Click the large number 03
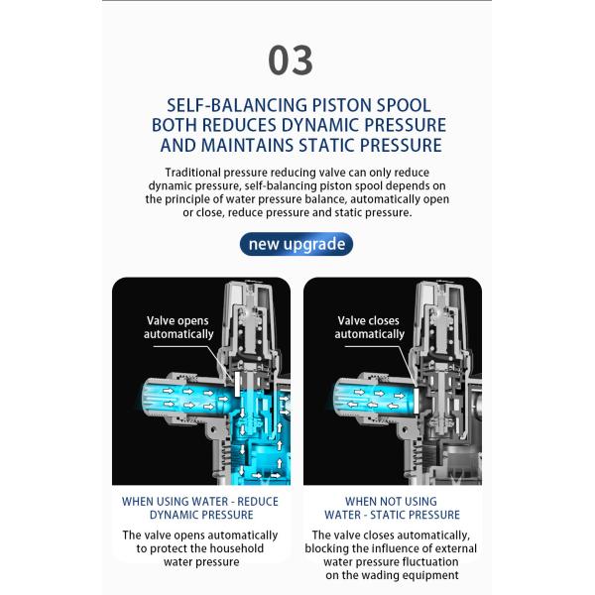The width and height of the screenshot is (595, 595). pyautogui.click(x=291, y=59)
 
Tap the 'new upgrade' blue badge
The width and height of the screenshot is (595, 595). pyautogui.click(x=297, y=244)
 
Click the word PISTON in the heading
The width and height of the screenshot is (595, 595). pyautogui.click(x=341, y=105)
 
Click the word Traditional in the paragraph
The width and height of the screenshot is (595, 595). pyautogui.click(x=192, y=173)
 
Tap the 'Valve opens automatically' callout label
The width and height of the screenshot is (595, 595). pyautogui.click(x=178, y=327)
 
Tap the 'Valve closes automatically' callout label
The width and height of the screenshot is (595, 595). pyautogui.click(x=369, y=327)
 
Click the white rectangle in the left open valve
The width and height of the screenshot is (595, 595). pyautogui.click(x=238, y=384)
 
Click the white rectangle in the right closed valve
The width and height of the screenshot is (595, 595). pyautogui.click(x=416, y=401)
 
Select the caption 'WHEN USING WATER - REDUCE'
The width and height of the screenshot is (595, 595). pyautogui.click(x=200, y=501)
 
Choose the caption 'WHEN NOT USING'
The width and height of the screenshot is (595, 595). pyautogui.click(x=391, y=501)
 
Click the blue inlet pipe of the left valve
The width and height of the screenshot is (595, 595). pyautogui.click(x=187, y=398)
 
